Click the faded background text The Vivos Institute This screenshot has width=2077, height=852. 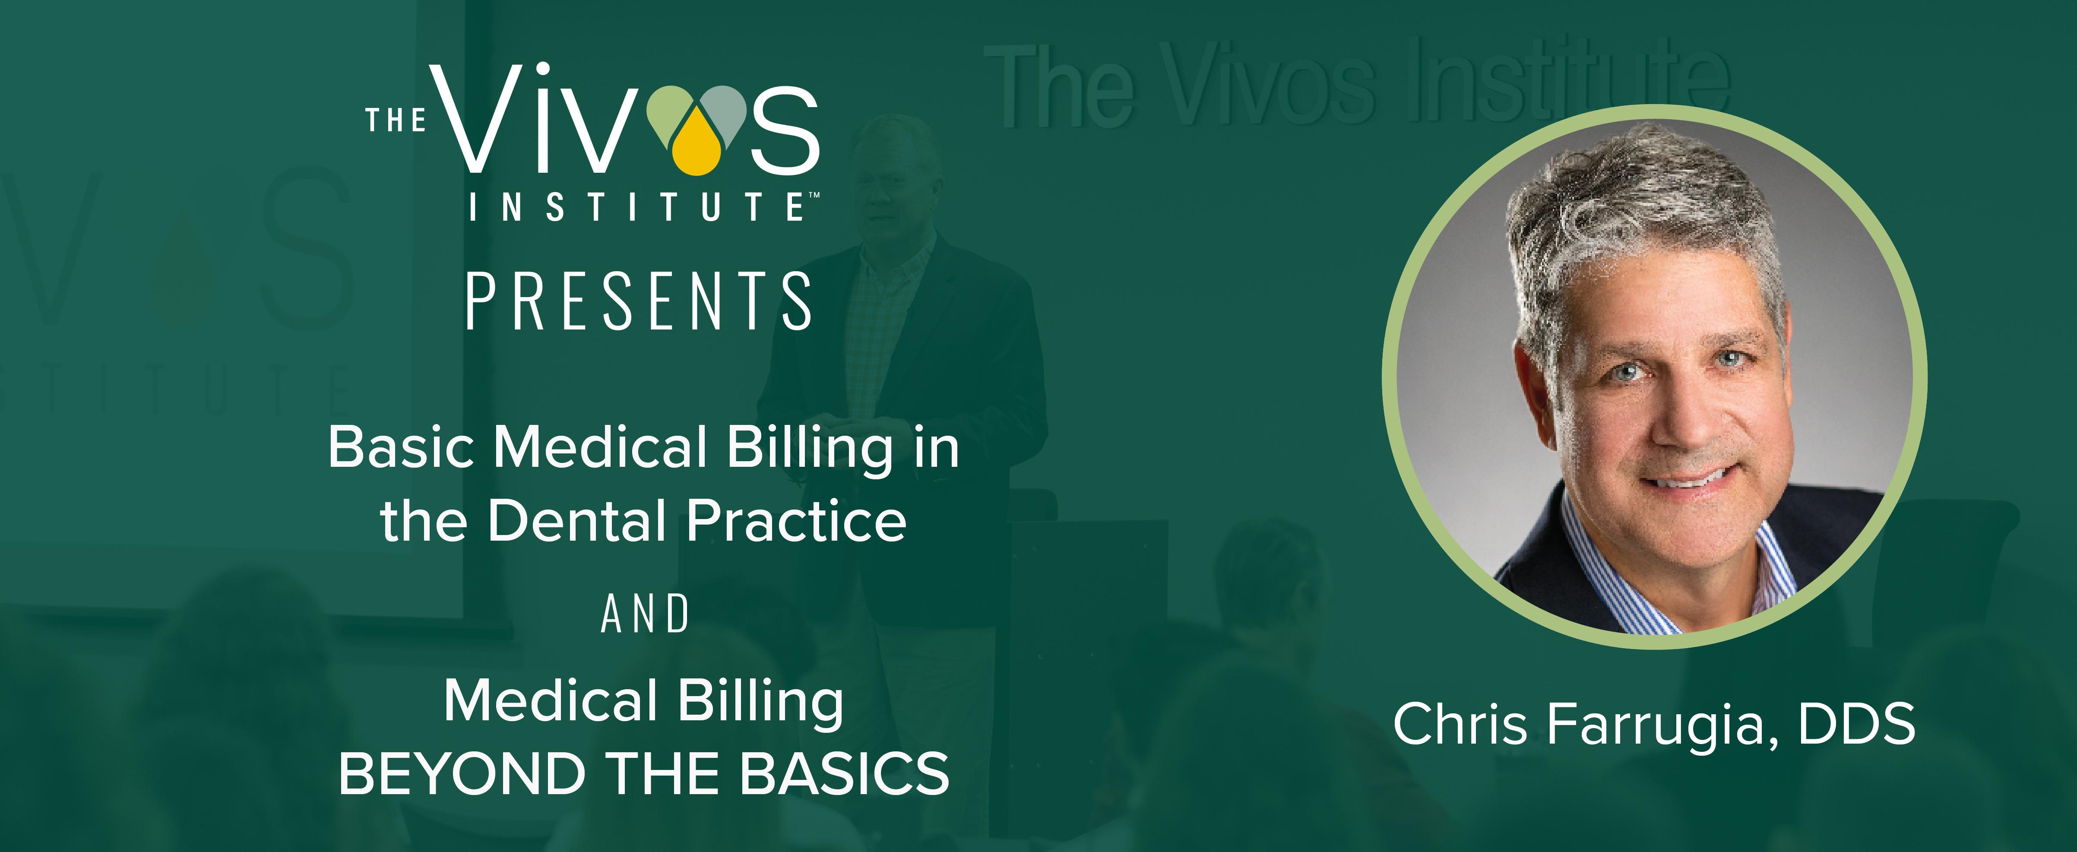click(1356, 85)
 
